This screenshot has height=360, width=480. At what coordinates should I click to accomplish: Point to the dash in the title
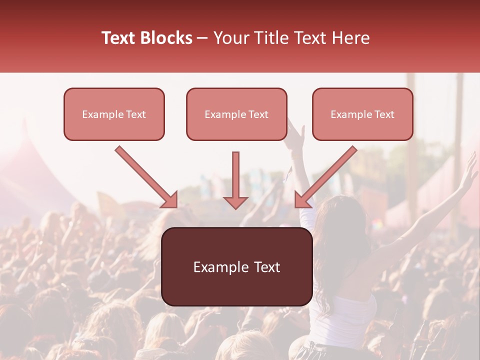[202, 38]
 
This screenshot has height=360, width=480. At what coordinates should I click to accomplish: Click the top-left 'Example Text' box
[114, 114]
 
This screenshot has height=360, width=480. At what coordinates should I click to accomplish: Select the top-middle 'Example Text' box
[236, 114]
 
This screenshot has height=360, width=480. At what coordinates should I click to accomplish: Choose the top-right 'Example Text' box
[362, 114]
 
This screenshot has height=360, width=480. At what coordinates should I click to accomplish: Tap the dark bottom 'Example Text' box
[236, 266]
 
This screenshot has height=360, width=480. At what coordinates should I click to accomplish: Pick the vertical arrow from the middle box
[235, 177]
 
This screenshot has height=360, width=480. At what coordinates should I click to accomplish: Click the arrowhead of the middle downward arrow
[235, 202]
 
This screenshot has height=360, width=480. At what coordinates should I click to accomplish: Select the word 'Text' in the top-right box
[384, 114]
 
